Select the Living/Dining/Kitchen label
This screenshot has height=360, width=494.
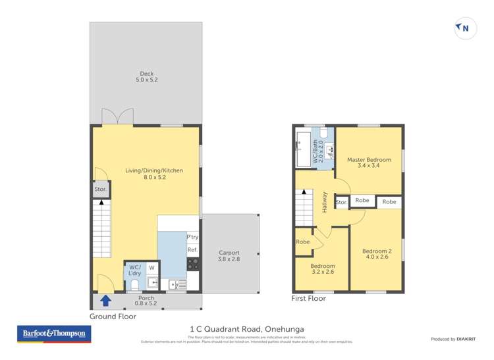[154, 174]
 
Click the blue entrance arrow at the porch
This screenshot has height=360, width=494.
[105, 301]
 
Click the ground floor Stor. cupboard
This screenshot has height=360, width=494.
[101, 190]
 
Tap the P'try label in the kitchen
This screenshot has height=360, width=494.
[192, 237]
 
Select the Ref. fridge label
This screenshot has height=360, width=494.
[192, 250]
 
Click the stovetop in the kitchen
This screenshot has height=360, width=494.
[193, 265]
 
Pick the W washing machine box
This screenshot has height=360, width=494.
[151, 268]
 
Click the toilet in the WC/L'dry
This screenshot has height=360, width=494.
[134, 284]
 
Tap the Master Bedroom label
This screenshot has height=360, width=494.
[369, 163]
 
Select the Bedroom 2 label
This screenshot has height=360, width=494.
[376, 254]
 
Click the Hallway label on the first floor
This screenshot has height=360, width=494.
[325, 200]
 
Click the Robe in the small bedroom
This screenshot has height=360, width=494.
[302, 242]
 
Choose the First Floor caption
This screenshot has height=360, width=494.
[308, 298]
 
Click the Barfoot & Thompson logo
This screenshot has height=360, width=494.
[54, 334]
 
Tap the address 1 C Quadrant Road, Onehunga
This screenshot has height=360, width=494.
[246, 329]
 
